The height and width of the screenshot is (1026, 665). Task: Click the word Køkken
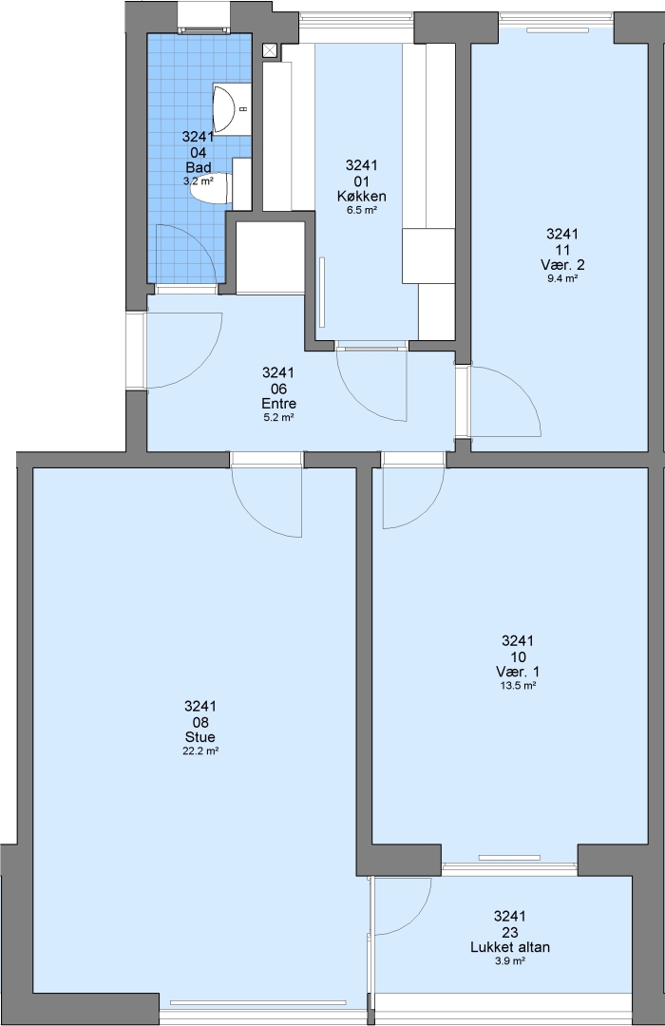[x=361, y=197]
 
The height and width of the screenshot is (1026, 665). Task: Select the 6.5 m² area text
[x=361, y=210]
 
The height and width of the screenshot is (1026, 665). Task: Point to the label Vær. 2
[x=562, y=265]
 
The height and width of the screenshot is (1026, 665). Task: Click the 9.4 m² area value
[x=562, y=278]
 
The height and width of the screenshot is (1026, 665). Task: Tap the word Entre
[x=278, y=403]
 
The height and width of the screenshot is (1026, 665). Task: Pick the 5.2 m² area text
[x=278, y=417]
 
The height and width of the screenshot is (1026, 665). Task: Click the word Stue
[x=200, y=737]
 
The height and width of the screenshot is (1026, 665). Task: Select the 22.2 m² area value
[x=200, y=751]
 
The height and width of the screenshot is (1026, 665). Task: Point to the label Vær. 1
[x=517, y=672]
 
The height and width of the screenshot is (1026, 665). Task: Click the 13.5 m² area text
[x=517, y=686]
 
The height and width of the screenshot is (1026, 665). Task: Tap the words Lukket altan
[x=510, y=947]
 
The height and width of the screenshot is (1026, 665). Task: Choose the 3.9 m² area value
[x=510, y=960]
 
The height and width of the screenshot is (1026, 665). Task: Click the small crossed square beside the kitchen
[x=271, y=50]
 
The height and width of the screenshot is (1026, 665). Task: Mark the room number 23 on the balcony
[x=510, y=932]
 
